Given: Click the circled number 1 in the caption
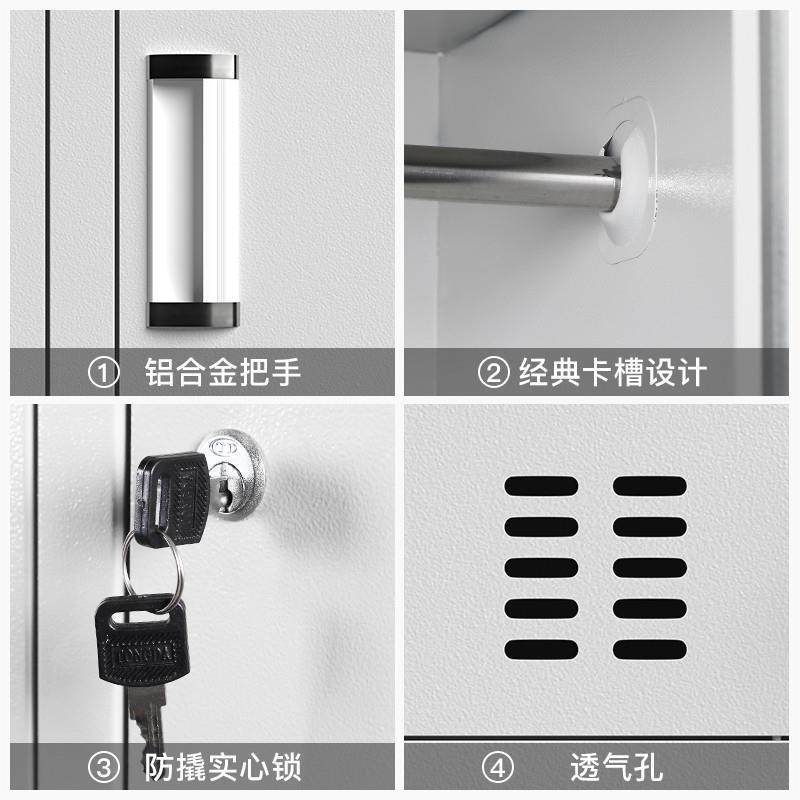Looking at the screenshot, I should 103,374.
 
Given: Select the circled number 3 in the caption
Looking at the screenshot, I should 103,768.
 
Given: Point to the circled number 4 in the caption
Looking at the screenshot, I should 497,768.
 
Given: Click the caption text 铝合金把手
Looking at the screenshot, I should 223,374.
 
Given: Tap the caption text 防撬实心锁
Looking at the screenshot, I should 223,768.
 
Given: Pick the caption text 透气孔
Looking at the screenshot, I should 616,768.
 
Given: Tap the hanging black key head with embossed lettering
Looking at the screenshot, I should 138,640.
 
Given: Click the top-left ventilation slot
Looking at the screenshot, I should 541,486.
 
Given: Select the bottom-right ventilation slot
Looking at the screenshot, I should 649,648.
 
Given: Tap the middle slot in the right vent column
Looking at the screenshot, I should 649,567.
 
